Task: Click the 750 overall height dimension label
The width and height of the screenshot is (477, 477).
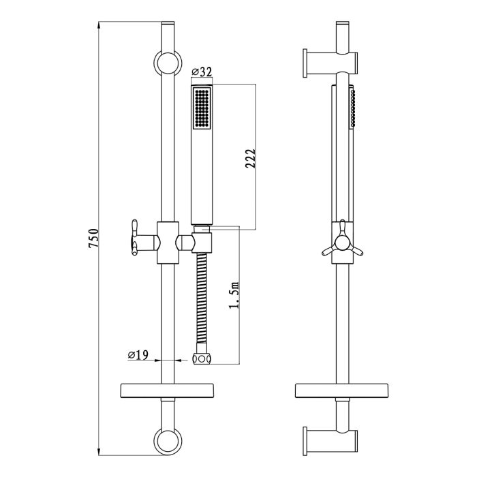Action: (95, 240)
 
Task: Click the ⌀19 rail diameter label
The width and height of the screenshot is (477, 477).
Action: (138, 354)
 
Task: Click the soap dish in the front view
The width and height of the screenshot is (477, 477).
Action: (167, 391)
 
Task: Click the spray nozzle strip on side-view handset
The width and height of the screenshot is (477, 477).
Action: (352, 108)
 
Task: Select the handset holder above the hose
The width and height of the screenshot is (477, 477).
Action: (202, 241)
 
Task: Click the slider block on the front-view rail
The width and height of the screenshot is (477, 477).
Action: (167, 242)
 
